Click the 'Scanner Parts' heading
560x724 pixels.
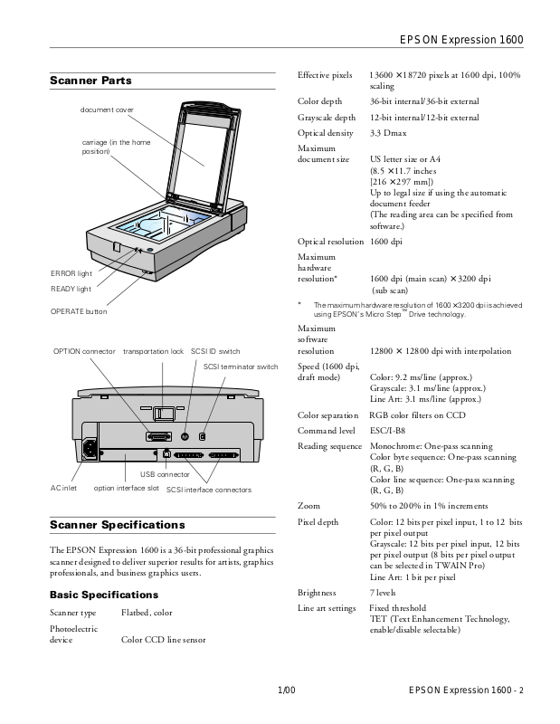[90, 81]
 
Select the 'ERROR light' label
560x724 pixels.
[71, 273]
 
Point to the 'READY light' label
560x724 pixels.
[71, 290]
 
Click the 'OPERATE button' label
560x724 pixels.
[79, 311]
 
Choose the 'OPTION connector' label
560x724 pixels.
[83, 350]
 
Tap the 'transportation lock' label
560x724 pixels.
[154, 350]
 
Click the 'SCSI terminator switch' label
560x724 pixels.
[241, 367]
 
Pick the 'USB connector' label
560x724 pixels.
[165, 474]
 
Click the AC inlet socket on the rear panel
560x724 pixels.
[90, 447]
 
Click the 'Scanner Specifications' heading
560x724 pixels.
[118, 525]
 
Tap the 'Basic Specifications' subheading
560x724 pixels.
[104, 595]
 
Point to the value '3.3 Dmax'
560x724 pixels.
[388, 133]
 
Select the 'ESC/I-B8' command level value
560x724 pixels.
[390, 431]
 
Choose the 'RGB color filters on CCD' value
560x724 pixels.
[419, 414]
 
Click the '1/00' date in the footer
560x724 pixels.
[286, 692]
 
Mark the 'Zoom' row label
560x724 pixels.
[308, 505]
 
